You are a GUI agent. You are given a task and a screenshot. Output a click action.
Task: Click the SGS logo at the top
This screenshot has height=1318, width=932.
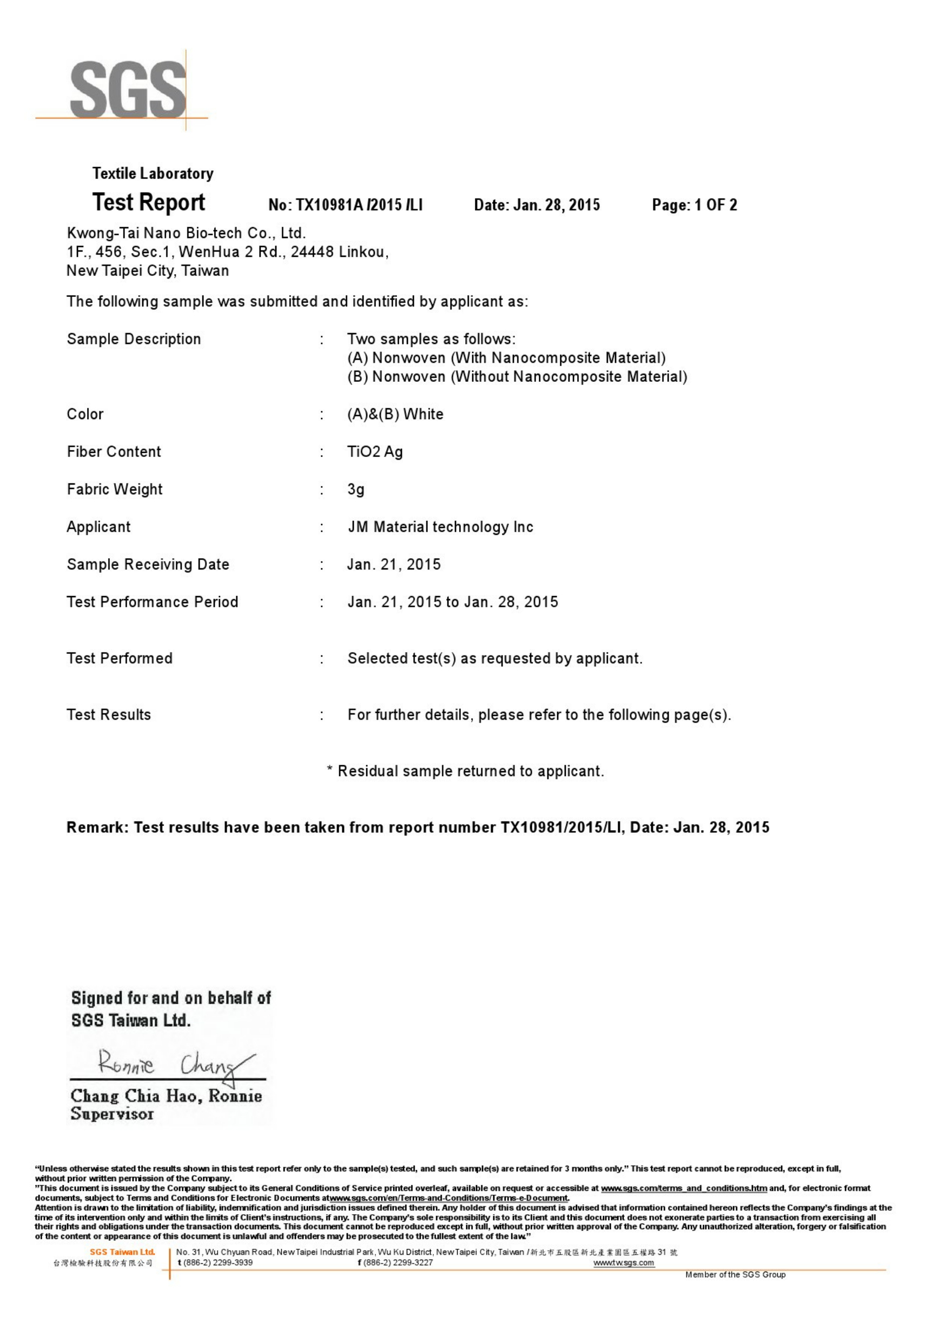(128, 91)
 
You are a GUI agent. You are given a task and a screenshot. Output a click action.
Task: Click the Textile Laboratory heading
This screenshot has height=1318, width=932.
(153, 174)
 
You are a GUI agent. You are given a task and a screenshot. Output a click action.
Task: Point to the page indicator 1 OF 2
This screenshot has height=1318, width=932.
(716, 205)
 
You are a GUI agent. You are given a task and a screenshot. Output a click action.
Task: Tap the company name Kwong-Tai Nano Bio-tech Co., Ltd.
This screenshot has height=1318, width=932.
(186, 233)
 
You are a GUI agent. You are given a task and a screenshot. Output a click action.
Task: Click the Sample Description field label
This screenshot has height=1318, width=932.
(134, 339)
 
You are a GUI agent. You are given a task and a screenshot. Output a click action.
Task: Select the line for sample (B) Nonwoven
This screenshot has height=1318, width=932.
(517, 376)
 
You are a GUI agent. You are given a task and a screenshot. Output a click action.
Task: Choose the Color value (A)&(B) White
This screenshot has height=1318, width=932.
(395, 414)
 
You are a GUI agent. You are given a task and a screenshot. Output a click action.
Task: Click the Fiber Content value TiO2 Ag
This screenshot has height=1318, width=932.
(375, 452)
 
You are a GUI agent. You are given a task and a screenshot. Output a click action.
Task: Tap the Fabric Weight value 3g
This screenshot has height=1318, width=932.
(355, 489)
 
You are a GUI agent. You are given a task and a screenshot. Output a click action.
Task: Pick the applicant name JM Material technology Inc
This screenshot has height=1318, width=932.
(440, 527)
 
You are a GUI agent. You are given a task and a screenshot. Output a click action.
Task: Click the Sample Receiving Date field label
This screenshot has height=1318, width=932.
(148, 564)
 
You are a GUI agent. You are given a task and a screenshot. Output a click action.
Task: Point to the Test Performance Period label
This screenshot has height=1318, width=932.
(152, 601)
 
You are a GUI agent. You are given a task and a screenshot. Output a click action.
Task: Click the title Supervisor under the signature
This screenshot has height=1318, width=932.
(112, 1114)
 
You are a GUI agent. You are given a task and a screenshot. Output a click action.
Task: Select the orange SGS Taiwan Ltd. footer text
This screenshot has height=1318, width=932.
(122, 1252)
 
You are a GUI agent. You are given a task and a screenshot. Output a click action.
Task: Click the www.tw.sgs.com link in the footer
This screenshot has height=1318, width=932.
(624, 1262)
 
